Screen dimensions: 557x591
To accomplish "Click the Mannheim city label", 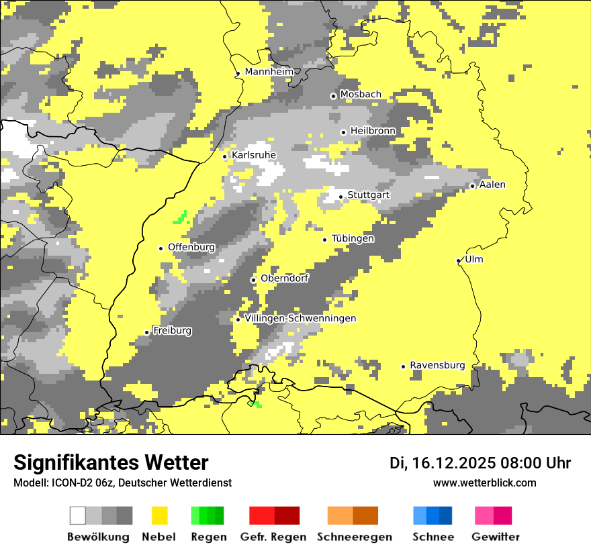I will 269,72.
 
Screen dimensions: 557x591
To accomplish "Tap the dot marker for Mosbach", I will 333,96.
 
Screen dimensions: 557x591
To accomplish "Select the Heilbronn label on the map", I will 373,131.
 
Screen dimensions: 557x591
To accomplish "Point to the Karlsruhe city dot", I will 225,156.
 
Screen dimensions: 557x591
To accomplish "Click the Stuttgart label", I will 368,195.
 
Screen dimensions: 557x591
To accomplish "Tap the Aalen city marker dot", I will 472,186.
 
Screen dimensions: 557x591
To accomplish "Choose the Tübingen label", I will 353,239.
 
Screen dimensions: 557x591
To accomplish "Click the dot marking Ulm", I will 458,260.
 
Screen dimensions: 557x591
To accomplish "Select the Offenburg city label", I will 191,247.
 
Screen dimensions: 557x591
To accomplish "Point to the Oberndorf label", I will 284,278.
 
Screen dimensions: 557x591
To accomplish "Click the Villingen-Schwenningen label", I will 300,318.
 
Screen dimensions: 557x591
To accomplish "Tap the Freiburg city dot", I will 146,332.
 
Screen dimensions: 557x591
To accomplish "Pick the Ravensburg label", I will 437,365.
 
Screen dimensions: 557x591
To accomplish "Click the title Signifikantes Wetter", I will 111,462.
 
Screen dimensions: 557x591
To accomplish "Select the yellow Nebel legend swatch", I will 160,515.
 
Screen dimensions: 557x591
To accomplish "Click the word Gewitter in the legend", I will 495,537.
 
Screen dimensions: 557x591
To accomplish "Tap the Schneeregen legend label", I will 355,537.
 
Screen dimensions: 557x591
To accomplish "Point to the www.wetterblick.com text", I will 484,483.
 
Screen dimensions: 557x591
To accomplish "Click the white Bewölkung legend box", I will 78,515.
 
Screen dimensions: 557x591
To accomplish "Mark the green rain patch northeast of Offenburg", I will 181,217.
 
